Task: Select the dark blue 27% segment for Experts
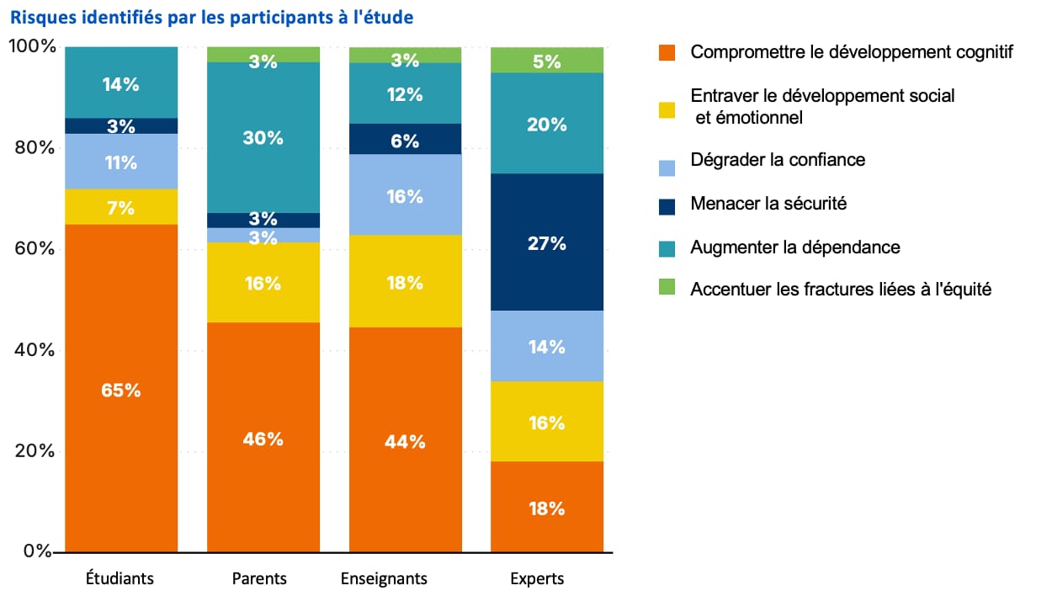pos(547,243)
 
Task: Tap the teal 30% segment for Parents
pos(263,137)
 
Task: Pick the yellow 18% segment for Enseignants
pos(405,282)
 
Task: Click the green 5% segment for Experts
pos(547,60)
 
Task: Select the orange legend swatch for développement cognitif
pos(666,53)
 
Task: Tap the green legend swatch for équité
pos(666,290)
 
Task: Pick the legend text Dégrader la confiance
pos(778,160)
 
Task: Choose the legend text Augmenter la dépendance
pos(795,247)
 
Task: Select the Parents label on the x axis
pos(259,579)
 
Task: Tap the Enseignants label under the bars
pos(384,579)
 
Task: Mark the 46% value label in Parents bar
pos(263,439)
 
